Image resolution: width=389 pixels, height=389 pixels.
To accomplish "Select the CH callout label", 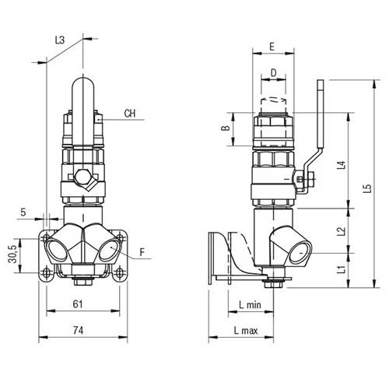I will point(130,114).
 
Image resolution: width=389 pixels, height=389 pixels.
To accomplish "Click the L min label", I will point(249,304).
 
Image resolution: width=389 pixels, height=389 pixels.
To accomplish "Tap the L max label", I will point(246,331).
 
